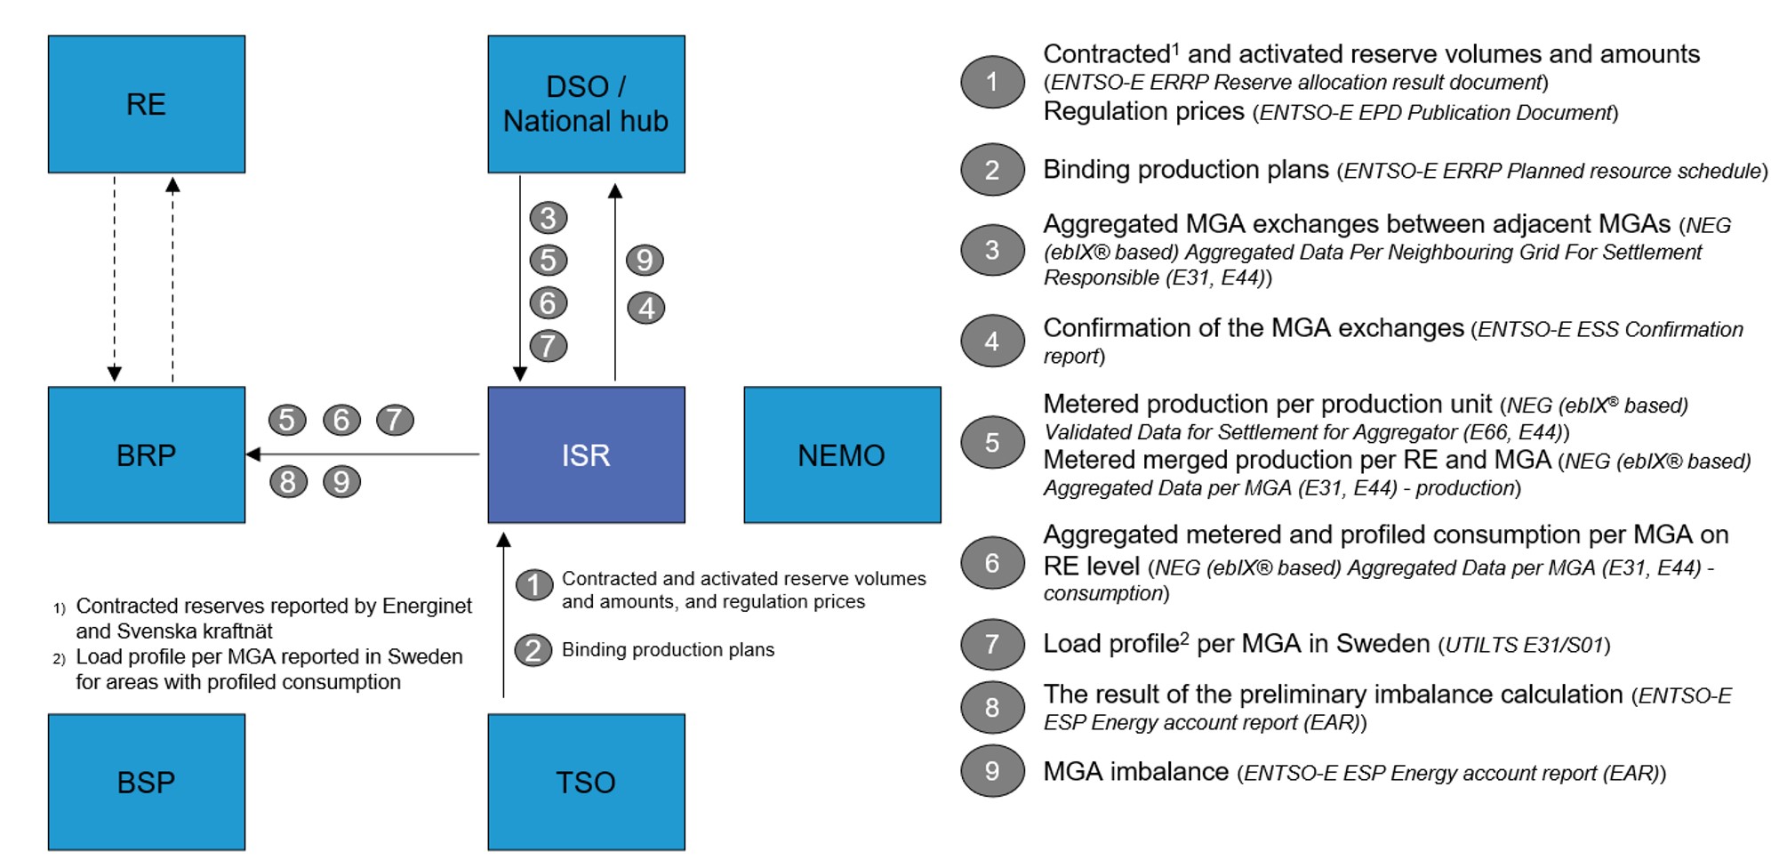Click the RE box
[147, 104]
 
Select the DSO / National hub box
[586, 104]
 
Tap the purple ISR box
[586, 454]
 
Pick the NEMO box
[842, 454]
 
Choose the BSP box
[147, 782]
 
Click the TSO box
[586, 782]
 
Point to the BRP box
[147, 454]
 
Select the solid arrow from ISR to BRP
[363, 454]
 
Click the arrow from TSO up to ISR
[503, 615]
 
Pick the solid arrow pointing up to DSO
[614, 282]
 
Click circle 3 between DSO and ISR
[549, 218]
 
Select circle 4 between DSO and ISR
[646, 308]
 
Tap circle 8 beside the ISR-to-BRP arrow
[288, 481]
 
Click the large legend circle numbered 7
[992, 644]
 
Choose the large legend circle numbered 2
[992, 169]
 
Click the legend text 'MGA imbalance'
[1135, 771]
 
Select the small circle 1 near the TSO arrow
[534, 584]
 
